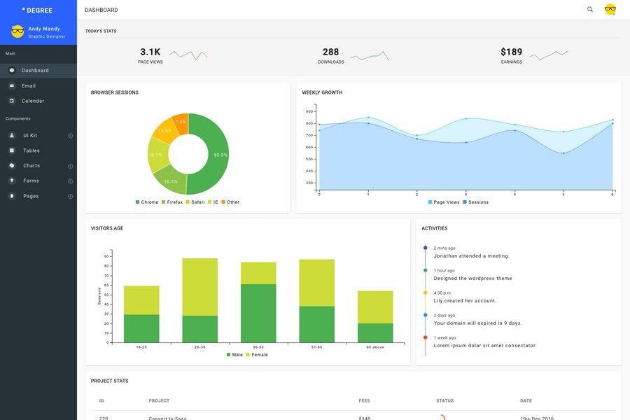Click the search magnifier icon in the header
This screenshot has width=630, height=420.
tap(590, 10)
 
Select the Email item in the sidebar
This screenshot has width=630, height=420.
tap(28, 85)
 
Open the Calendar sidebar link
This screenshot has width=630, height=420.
tap(32, 101)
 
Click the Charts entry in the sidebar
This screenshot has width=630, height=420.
tap(31, 166)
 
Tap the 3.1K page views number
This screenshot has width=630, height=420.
tap(150, 52)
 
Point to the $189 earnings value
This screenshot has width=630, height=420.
tap(511, 52)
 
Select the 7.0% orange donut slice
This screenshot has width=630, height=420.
tap(181, 121)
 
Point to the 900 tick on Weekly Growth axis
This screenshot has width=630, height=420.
tap(309, 111)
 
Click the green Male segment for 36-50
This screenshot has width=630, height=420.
tap(258, 313)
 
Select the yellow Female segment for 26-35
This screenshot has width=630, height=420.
tap(200, 286)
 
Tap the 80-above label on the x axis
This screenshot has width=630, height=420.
tap(374, 347)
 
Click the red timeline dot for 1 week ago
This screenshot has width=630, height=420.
tap(425, 337)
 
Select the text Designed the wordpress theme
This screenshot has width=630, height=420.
tap(472, 279)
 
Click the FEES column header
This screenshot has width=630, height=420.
tap(364, 401)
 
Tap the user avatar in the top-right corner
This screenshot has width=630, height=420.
tap(610, 10)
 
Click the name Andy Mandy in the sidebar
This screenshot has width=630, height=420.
tap(44, 29)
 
